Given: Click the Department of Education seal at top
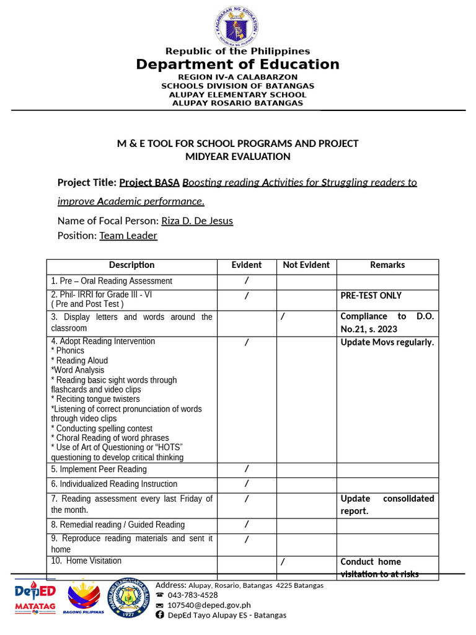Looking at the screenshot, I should pyautogui.click(x=238, y=25).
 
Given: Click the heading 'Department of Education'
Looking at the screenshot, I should pyautogui.click(x=238, y=64).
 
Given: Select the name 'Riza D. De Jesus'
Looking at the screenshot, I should pyautogui.click(x=197, y=221).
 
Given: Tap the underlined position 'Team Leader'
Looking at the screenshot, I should pyautogui.click(x=128, y=236).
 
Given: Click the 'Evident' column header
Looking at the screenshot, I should pyautogui.click(x=247, y=265).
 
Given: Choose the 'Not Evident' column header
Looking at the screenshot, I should pyautogui.click(x=306, y=265).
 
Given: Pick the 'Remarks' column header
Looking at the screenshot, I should pyautogui.click(x=387, y=265).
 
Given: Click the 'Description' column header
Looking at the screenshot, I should pyautogui.click(x=131, y=265).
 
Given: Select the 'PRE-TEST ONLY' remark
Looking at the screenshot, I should pyautogui.click(x=371, y=296).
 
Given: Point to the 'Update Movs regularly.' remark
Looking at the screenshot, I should pyautogui.click(x=387, y=342).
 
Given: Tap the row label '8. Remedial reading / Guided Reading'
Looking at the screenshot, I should pyautogui.click(x=118, y=525).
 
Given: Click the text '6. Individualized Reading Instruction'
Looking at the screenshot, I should pyautogui.click(x=114, y=484).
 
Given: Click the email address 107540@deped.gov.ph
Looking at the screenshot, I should pyautogui.click(x=209, y=605).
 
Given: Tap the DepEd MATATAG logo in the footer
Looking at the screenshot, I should pyautogui.click(x=35, y=598).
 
